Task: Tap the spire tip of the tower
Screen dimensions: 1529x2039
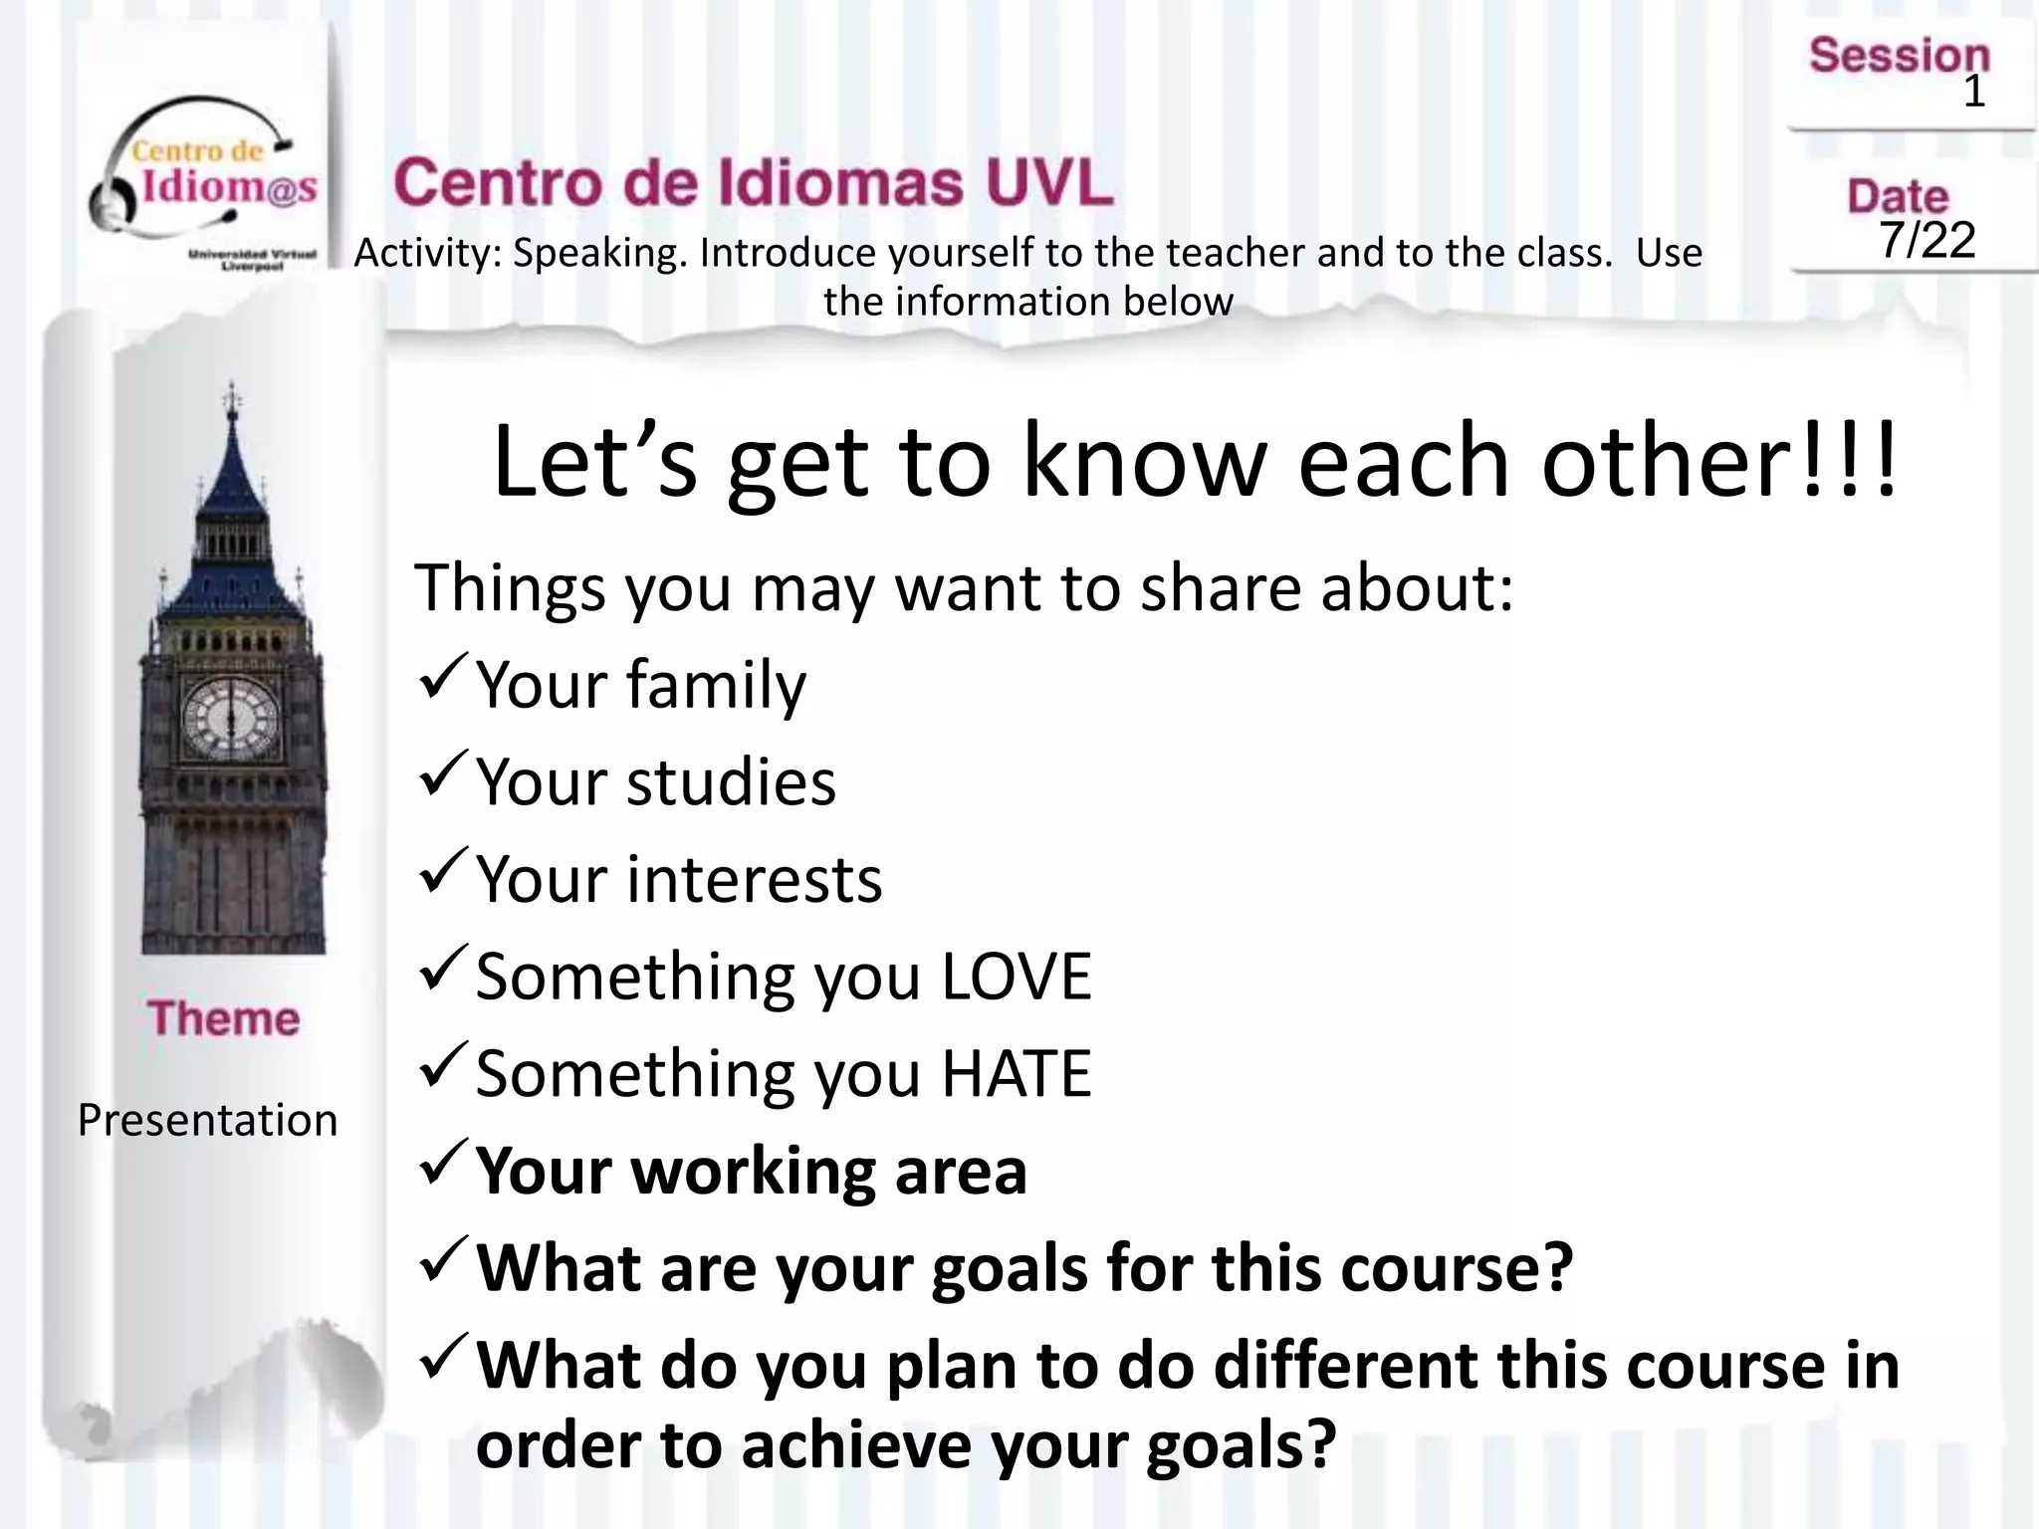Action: tap(232, 391)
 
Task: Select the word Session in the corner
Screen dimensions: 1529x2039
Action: tap(1899, 56)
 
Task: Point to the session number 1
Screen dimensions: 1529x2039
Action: tap(1973, 93)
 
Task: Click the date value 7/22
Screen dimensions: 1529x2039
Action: tap(1926, 240)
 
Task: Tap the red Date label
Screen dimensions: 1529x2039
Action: tap(1898, 196)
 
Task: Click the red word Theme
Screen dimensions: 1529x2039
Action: tap(224, 1018)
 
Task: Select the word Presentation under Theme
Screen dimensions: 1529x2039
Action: tap(208, 1121)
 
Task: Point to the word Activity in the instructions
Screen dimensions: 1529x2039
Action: tap(427, 254)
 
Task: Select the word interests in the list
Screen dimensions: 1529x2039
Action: tap(754, 880)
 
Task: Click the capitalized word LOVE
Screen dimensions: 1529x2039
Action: tap(1016, 977)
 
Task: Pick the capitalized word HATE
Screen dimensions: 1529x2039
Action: tap(1016, 1073)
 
